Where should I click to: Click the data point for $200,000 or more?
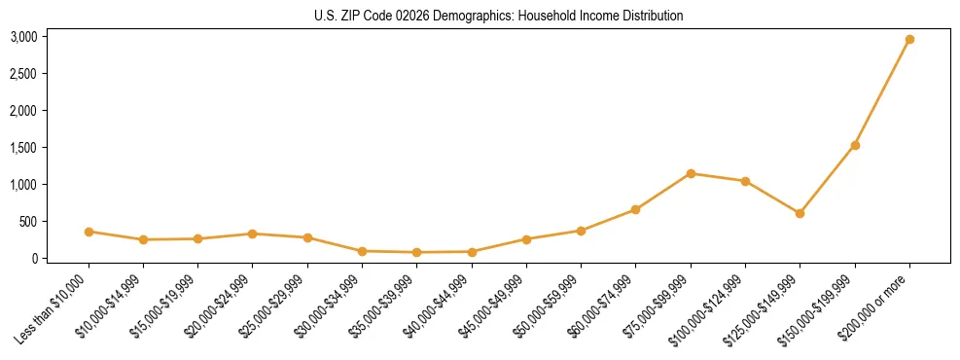pyautogui.click(x=909, y=40)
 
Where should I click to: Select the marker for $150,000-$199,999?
pyautogui.click(x=855, y=145)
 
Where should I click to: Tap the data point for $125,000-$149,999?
pyautogui.click(x=800, y=213)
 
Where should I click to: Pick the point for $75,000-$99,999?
pyautogui.click(x=691, y=173)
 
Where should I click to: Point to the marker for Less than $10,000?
pyautogui.click(x=89, y=232)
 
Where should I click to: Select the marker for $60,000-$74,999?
pyautogui.click(x=635, y=209)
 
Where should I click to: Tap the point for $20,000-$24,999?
pyautogui.click(x=252, y=234)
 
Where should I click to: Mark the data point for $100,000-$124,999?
pyautogui.click(x=745, y=181)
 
